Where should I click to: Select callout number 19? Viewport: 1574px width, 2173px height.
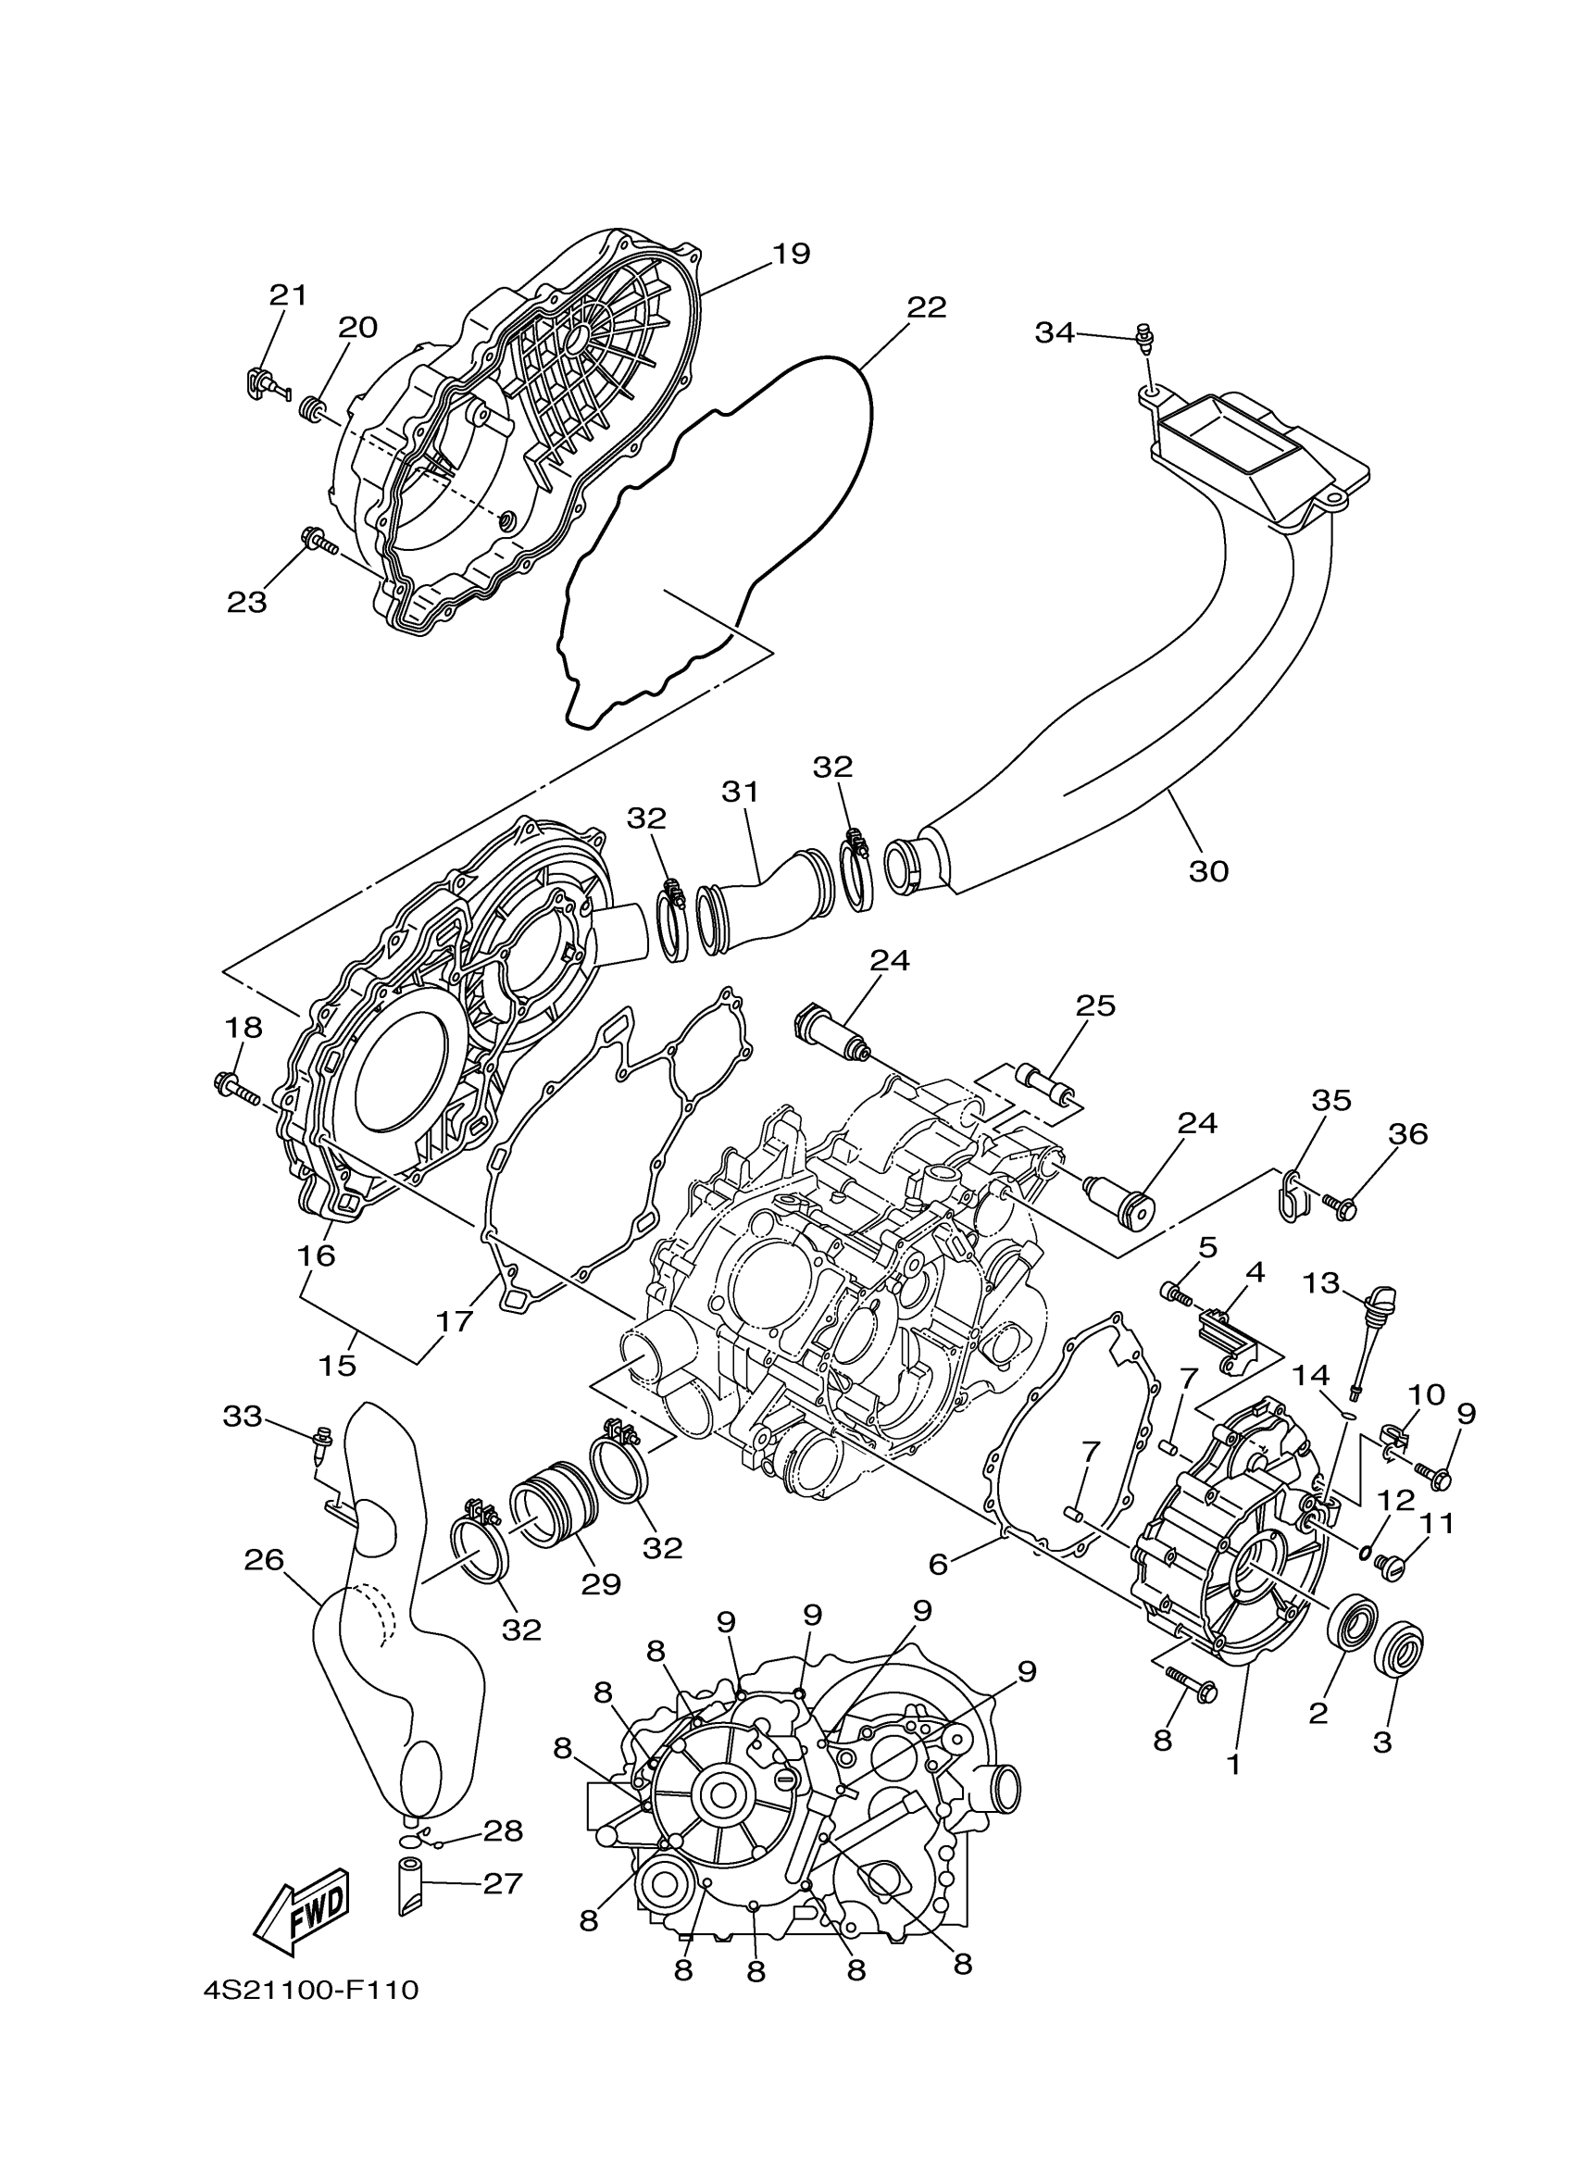[x=792, y=254]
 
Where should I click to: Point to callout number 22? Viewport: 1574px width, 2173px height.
[x=927, y=307]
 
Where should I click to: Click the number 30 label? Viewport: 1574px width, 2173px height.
[x=1208, y=871]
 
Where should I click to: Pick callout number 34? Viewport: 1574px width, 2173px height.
[x=1054, y=333]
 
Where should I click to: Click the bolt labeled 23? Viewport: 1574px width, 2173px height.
[x=319, y=543]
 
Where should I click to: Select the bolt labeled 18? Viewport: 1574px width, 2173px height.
[x=236, y=1089]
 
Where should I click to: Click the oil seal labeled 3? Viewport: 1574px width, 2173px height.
[x=1400, y=1652]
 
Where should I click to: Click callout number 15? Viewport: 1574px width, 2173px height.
[x=337, y=1366]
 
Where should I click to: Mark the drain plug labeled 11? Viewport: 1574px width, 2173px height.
[x=1389, y=1566]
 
